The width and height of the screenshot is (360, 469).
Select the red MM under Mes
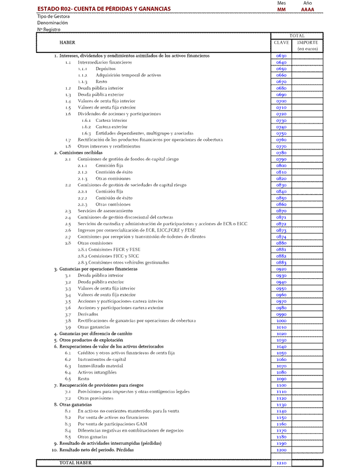click(281, 10)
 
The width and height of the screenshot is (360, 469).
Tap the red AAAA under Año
click(308, 10)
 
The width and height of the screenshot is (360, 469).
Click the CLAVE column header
click(281, 43)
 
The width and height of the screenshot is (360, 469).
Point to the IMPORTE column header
click(308, 43)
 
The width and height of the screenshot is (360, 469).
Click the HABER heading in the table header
click(67, 43)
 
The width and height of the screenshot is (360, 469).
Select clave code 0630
click(281, 56)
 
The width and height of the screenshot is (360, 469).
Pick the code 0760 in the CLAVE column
click(281, 140)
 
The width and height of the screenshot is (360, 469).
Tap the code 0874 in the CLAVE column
click(281, 237)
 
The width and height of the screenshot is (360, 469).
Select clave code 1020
click(281, 333)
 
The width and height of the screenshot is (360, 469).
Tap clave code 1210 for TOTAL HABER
click(281, 463)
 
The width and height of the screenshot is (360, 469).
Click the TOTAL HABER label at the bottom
click(76, 463)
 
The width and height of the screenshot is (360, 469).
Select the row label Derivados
click(88, 314)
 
